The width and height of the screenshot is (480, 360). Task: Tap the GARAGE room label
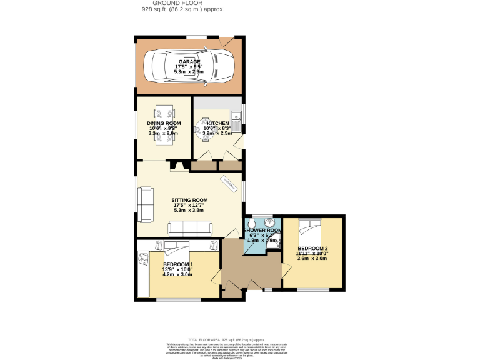coord(189,62)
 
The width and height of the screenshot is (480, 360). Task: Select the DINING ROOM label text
coord(164,123)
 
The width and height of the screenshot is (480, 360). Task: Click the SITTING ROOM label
coord(190,201)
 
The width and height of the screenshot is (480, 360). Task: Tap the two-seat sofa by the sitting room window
coord(146,204)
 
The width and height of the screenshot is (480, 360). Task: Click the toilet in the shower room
coord(251,224)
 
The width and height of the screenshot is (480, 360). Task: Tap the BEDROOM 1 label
coord(178,264)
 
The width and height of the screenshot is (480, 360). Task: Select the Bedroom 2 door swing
coord(286,271)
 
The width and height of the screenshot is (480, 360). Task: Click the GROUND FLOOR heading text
coord(183,3)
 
